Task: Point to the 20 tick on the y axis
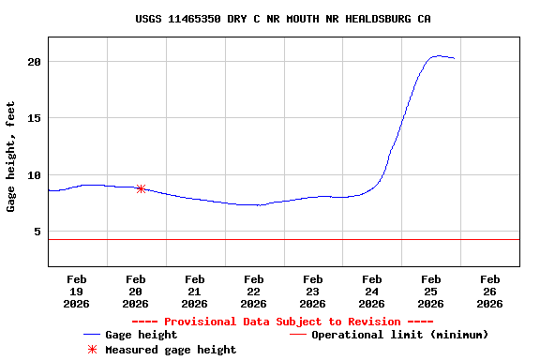[35, 62]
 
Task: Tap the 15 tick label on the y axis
[35, 118]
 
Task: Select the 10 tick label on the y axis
[35, 175]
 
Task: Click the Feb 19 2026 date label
[77, 291]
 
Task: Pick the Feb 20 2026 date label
[136, 291]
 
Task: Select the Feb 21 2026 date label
[195, 291]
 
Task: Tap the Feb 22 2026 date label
[254, 291]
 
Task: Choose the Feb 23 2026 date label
[313, 291]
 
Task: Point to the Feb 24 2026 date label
[372, 291]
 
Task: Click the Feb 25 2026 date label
[431, 291]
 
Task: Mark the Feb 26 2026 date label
[489, 291]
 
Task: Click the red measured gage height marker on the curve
[141, 188]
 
